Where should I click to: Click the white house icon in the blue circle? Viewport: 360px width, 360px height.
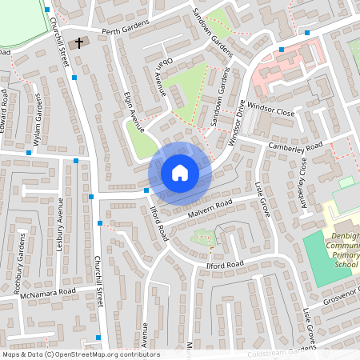180,172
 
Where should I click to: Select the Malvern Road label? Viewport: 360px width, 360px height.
210,206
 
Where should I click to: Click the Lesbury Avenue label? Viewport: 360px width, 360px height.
58,231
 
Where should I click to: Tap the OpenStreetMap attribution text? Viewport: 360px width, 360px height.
81,354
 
